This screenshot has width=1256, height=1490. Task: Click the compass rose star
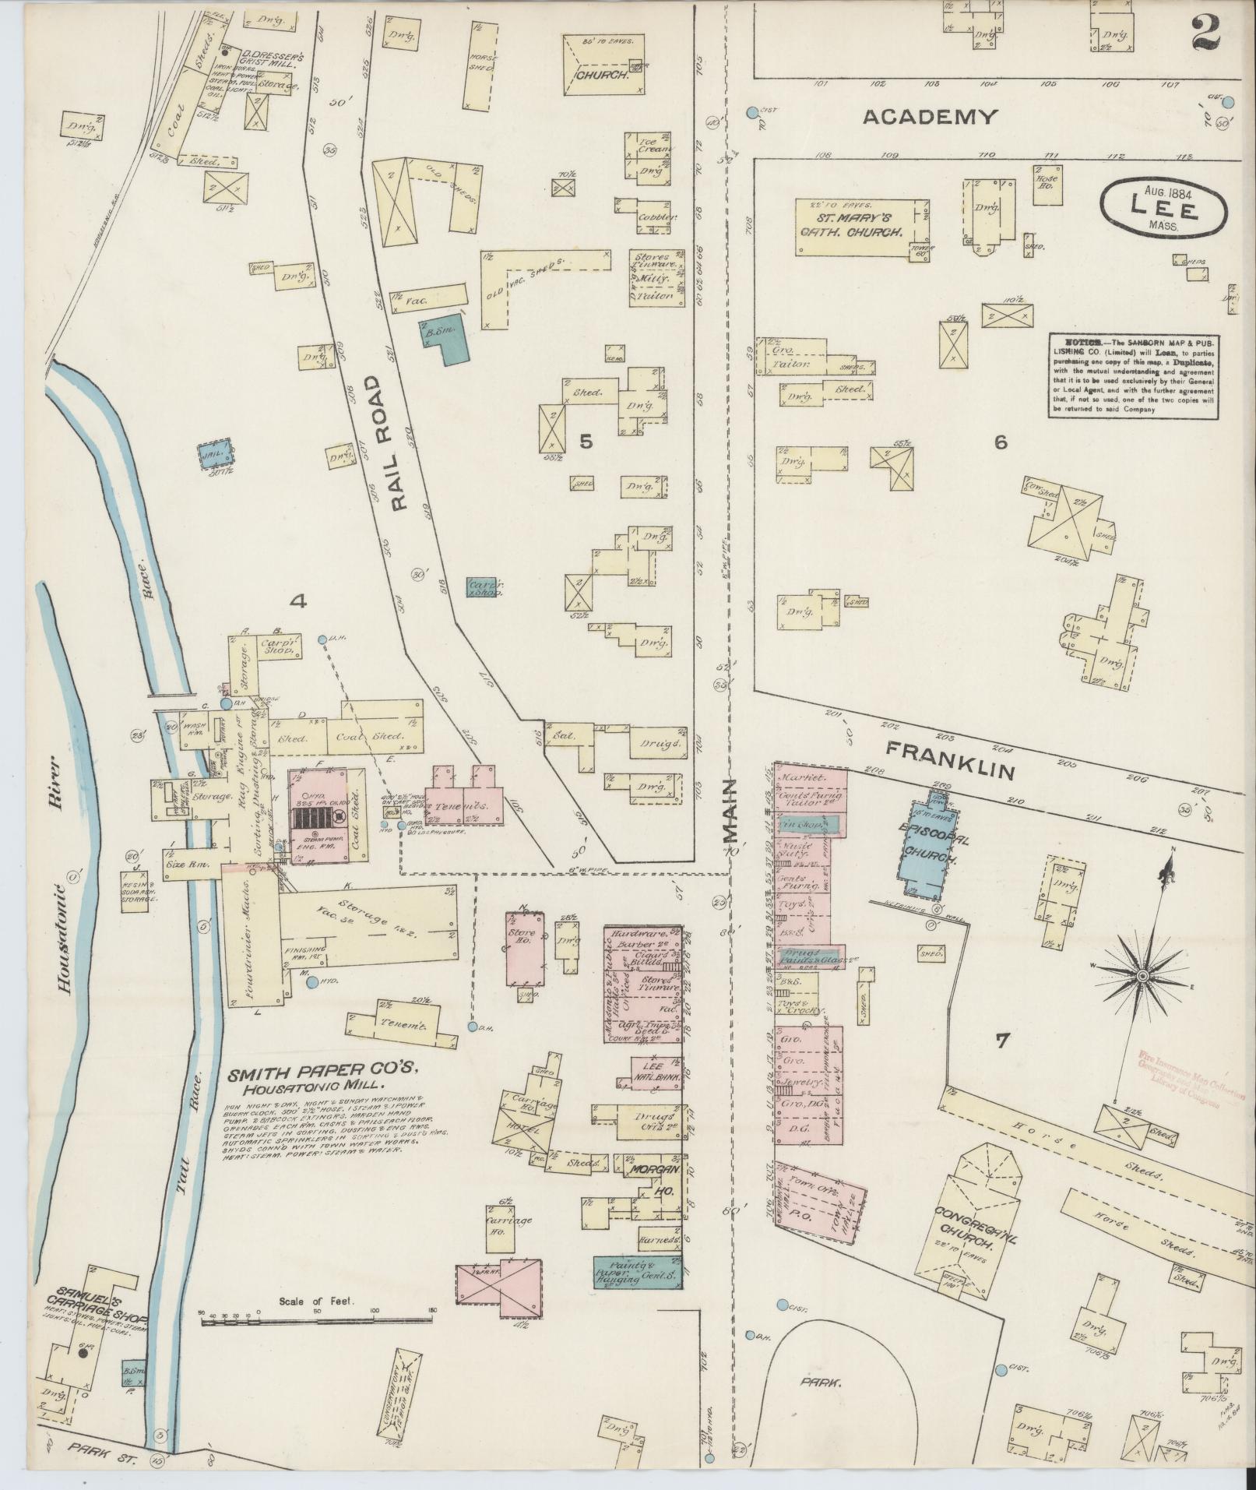point(1142,976)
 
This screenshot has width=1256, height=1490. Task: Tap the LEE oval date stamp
point(1163,207)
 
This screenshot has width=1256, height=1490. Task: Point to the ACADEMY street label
point(930,118)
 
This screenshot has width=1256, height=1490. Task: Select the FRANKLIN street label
point(952,761)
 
